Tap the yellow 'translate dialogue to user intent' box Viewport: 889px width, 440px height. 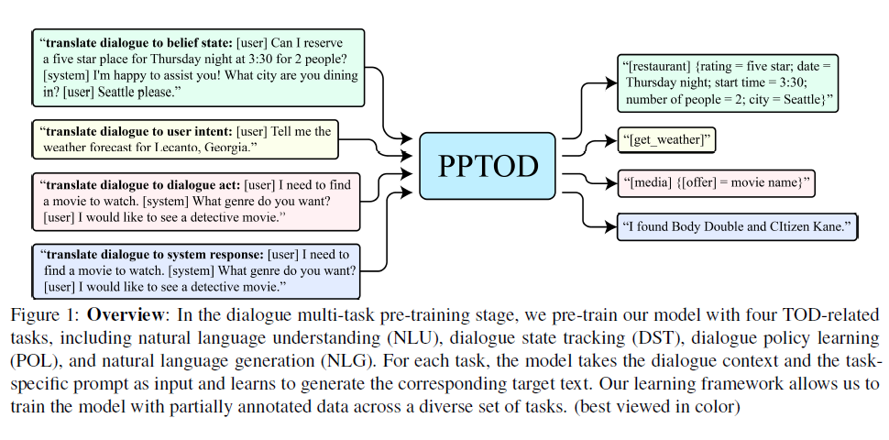click(x=186, y=139)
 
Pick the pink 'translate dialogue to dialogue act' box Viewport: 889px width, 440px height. click(x=197, y=201)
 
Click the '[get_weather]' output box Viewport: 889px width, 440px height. click(x=669, y=140)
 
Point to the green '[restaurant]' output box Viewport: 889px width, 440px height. click(x=729, y=82)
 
